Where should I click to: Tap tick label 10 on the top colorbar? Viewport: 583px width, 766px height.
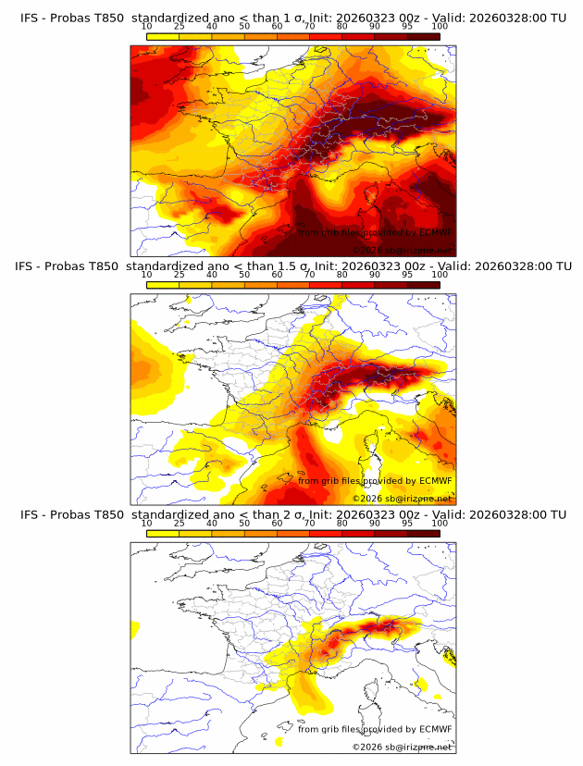click(147, 26)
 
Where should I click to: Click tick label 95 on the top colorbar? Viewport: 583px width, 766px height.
click(407, 26)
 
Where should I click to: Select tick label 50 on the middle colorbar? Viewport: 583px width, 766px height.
click(244, 275)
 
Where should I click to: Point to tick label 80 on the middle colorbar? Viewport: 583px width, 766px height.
click(342, 275)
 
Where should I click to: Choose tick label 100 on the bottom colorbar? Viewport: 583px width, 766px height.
click(440, 524)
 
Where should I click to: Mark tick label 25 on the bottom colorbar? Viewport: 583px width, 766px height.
click(180, 524)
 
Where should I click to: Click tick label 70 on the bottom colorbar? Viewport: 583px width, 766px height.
click(310, 524)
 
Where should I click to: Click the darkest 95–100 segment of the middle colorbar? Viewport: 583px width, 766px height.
click(423, 285)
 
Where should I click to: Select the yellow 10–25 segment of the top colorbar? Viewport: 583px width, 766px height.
click(163, 36)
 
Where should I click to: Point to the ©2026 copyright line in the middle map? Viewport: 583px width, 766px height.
click(402, 498)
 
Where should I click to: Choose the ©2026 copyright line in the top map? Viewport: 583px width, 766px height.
click(402, 250)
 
